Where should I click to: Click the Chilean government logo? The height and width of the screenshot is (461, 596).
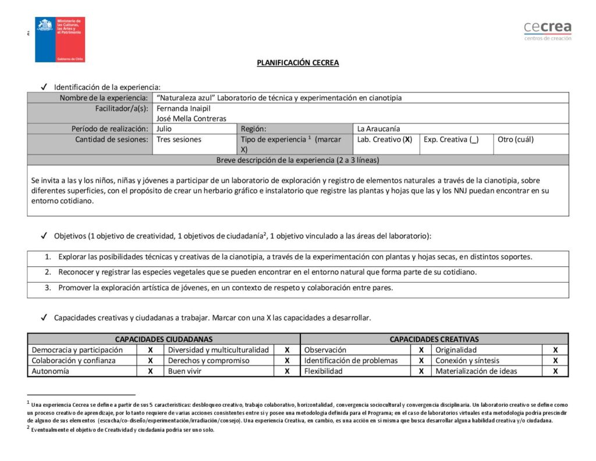(60, 39)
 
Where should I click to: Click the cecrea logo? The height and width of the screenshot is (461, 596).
(547, 30)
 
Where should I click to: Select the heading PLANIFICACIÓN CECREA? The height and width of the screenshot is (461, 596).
(297, 63)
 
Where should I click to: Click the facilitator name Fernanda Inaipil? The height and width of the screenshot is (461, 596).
(183, 108)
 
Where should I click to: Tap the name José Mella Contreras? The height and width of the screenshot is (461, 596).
(191, 118)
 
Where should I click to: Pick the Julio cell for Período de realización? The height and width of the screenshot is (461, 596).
(165, 129)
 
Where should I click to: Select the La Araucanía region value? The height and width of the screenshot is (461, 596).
(378, 129)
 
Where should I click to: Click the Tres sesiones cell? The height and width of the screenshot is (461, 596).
(179, 139)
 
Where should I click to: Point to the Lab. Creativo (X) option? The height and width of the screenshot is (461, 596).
(385, 139)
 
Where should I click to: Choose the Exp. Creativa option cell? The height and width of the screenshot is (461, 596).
(451, 139)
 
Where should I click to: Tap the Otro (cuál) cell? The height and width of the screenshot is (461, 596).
(516, 139)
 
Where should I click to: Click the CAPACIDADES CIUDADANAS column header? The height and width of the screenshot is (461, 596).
(164, 339)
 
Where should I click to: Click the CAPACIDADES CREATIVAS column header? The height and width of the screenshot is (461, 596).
(434, 339)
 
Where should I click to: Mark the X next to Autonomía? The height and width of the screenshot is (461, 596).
(150, 371)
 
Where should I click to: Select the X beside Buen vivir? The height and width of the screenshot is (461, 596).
(287, 371)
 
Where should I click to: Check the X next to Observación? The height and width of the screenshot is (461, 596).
(421, 350)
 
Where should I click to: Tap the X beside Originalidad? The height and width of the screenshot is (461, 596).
(555, 350)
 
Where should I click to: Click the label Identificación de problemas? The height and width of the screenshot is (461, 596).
(351, 361)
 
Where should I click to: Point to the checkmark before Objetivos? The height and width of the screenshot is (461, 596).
(44, 236)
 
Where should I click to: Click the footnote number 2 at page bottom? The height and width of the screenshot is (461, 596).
(28, 428)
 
